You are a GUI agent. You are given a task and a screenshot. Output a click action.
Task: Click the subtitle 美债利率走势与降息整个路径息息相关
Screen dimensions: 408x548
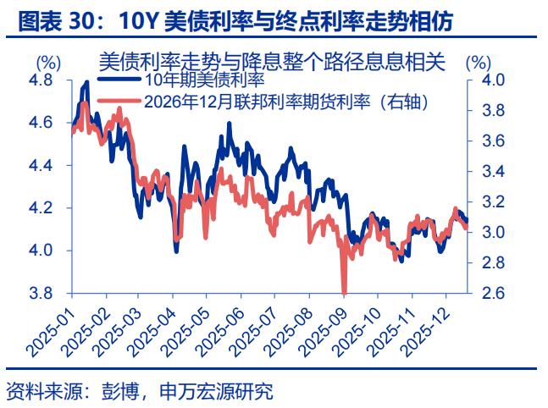coord(271,62)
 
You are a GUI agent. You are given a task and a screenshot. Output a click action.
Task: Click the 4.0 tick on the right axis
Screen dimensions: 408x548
coord(494,80)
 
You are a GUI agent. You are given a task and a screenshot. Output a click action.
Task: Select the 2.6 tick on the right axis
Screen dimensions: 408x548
coord(494,293)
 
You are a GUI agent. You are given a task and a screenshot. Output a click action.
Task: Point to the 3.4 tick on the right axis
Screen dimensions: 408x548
coord(494,171)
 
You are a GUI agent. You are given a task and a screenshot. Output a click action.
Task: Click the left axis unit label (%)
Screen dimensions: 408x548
coord(47,62)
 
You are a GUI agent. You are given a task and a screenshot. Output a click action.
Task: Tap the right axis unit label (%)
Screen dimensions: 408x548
coord(479,62)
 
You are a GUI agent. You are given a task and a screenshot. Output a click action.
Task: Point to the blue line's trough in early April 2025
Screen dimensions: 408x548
coord(175,251)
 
